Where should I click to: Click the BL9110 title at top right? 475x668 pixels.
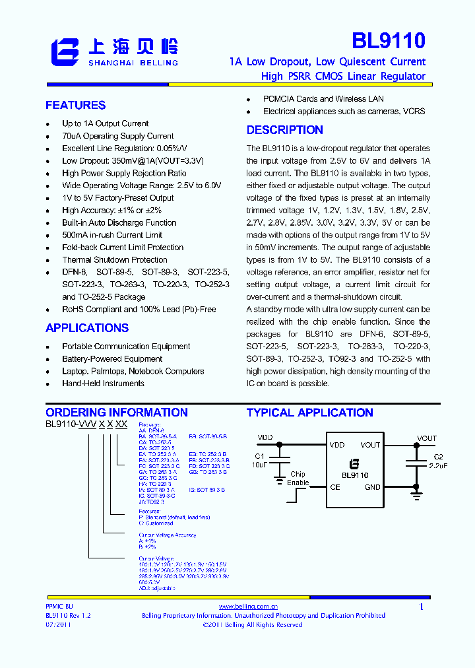click(x=388, y=41)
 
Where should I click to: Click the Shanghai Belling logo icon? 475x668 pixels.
click(x=65, y=52)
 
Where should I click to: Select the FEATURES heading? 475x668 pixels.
click(x=75, y=105)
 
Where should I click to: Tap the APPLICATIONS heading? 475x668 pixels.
click(x=87, y=328)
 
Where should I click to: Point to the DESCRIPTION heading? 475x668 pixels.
click(x=285, y=130)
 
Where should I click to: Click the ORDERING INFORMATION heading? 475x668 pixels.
click(x=117, y=413)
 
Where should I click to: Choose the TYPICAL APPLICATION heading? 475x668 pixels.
click(x=310, y=413)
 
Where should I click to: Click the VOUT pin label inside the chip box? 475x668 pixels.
click(x=370, y=445)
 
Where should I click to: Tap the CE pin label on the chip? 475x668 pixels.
click(x=335, y=487)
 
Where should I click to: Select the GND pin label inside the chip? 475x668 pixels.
click(x=372, y=487)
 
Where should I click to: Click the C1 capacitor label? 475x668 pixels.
click(x=259, y=456)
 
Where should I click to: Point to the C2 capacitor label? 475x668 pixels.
click(x=439, y=456)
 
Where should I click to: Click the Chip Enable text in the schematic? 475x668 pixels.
click(x=298, y=478)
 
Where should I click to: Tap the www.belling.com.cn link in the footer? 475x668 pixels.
click(x=248, y=606)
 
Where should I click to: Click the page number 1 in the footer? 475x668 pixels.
click(x=422, y=607)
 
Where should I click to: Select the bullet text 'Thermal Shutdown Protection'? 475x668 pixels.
click(x=115, y=260)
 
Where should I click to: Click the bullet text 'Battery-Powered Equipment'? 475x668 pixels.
click(x=112, y=359)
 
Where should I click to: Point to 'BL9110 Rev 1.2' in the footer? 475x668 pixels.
click(x=68, y=615)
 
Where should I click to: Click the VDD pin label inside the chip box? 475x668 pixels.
click(x=337, y=445)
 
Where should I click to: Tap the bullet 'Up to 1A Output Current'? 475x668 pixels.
click(x=106, y=123)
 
